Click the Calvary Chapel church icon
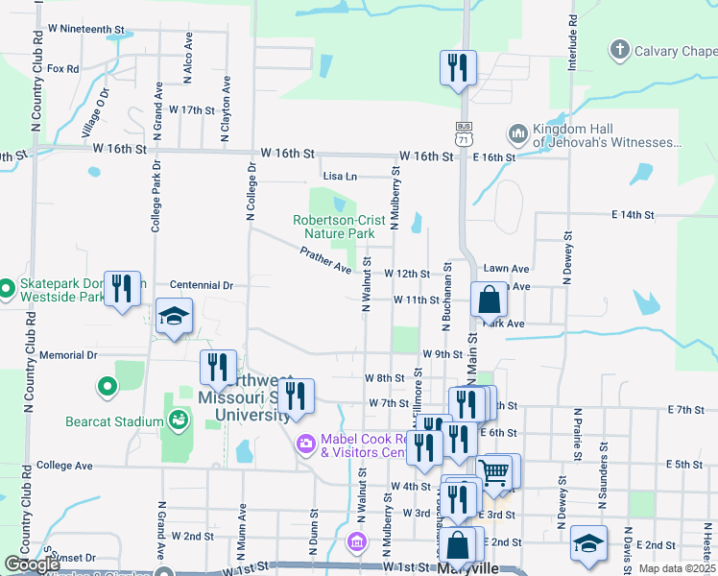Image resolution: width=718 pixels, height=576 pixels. pyautogui.click(x=620, y=49)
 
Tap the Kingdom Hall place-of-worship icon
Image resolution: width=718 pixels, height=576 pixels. pyautogui.click(x=518, y=132)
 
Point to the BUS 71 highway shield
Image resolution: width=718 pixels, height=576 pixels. pyautogui.click(x=465, y=133)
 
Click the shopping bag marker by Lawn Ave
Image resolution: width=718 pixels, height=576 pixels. pyautogui.click(x=489, y=300)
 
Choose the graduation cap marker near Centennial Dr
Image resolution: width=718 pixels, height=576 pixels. pyautogui.click(x=174, y=317)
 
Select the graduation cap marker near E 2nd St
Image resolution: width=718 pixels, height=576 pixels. pyautogui.click(x=588, y=543)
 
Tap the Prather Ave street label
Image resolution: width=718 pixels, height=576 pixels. pyautogui.click(x=325, y=258)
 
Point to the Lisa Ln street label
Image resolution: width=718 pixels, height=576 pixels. pyautogui.click(x=340, y=177)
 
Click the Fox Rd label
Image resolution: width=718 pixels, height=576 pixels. pyautogui.click(x=62, y=69)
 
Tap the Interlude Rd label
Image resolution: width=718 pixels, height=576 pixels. pyautogui.click(x=572, y=39)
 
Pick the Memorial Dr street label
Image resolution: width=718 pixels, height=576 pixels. pyautogui.click(x=62, y=355)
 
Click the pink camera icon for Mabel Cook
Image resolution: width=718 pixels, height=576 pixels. pyautogui.click(x=306, y=443)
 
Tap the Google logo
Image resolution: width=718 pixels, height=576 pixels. pyautogui.click(x=32, y=565)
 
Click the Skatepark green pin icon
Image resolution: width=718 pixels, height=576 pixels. pyautogui.click(x=6, y=287)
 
